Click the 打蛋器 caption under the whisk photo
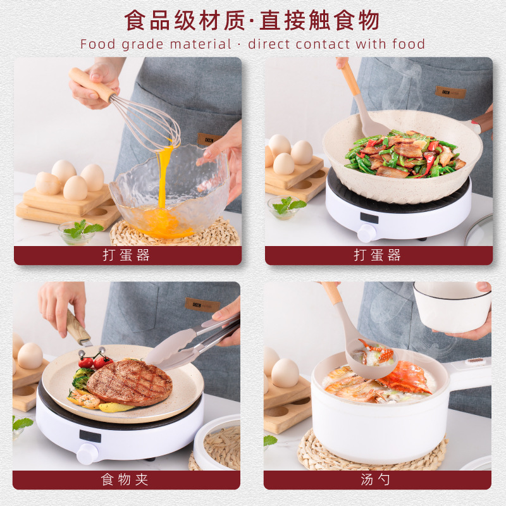[126, 256]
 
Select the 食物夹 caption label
[125, 480]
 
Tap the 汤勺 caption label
[377, 480]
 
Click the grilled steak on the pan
[129, 382]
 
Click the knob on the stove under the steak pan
[87, 454]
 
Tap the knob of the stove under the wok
[367, 233]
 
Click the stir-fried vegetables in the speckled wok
[405, 156]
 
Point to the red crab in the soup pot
[405, 378]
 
